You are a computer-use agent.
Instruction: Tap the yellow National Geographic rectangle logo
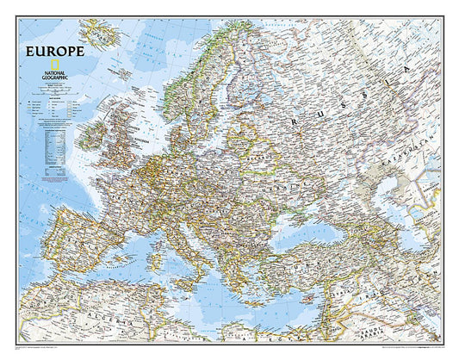pyautogui.click(x=55, y=66)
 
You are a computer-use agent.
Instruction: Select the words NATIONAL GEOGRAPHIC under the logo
pyautogui.click(x=56, y=78)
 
